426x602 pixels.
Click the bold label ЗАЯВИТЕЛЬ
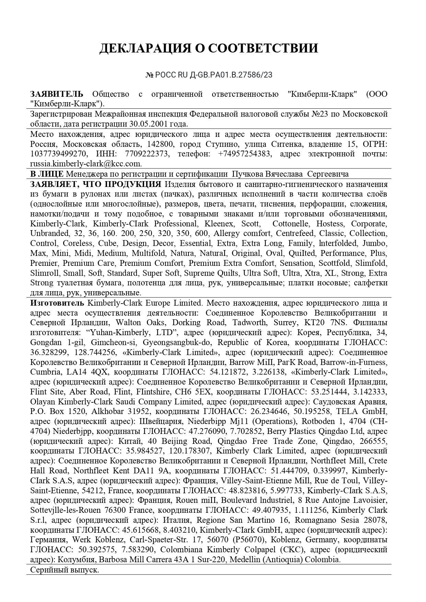[57, 94]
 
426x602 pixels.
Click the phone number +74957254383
[244, 154]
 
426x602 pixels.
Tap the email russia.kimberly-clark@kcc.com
[86, 164]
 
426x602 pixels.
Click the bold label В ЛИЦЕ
[47, 174]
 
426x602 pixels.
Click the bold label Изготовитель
[57, 303]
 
